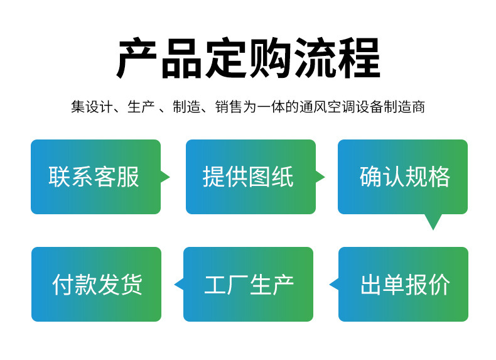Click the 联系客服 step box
click(95, 177)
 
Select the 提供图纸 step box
click(251, 177)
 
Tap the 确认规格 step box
click(402, 177)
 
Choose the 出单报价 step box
click(403, 285)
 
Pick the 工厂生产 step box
click(249, 285)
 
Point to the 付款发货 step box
click(97, 285)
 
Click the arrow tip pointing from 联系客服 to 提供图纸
click(170, 177)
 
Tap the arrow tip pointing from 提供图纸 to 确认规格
click(325, 177)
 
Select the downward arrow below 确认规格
click(433, 222)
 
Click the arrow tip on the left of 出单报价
click(330, 285)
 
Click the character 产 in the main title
click(137, 58)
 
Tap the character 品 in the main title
click(181, 58)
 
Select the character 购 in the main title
click(270, 58)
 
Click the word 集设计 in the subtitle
click(92, 106)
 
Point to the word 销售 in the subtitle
click(229, 106)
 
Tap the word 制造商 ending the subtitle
click(404, 106)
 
